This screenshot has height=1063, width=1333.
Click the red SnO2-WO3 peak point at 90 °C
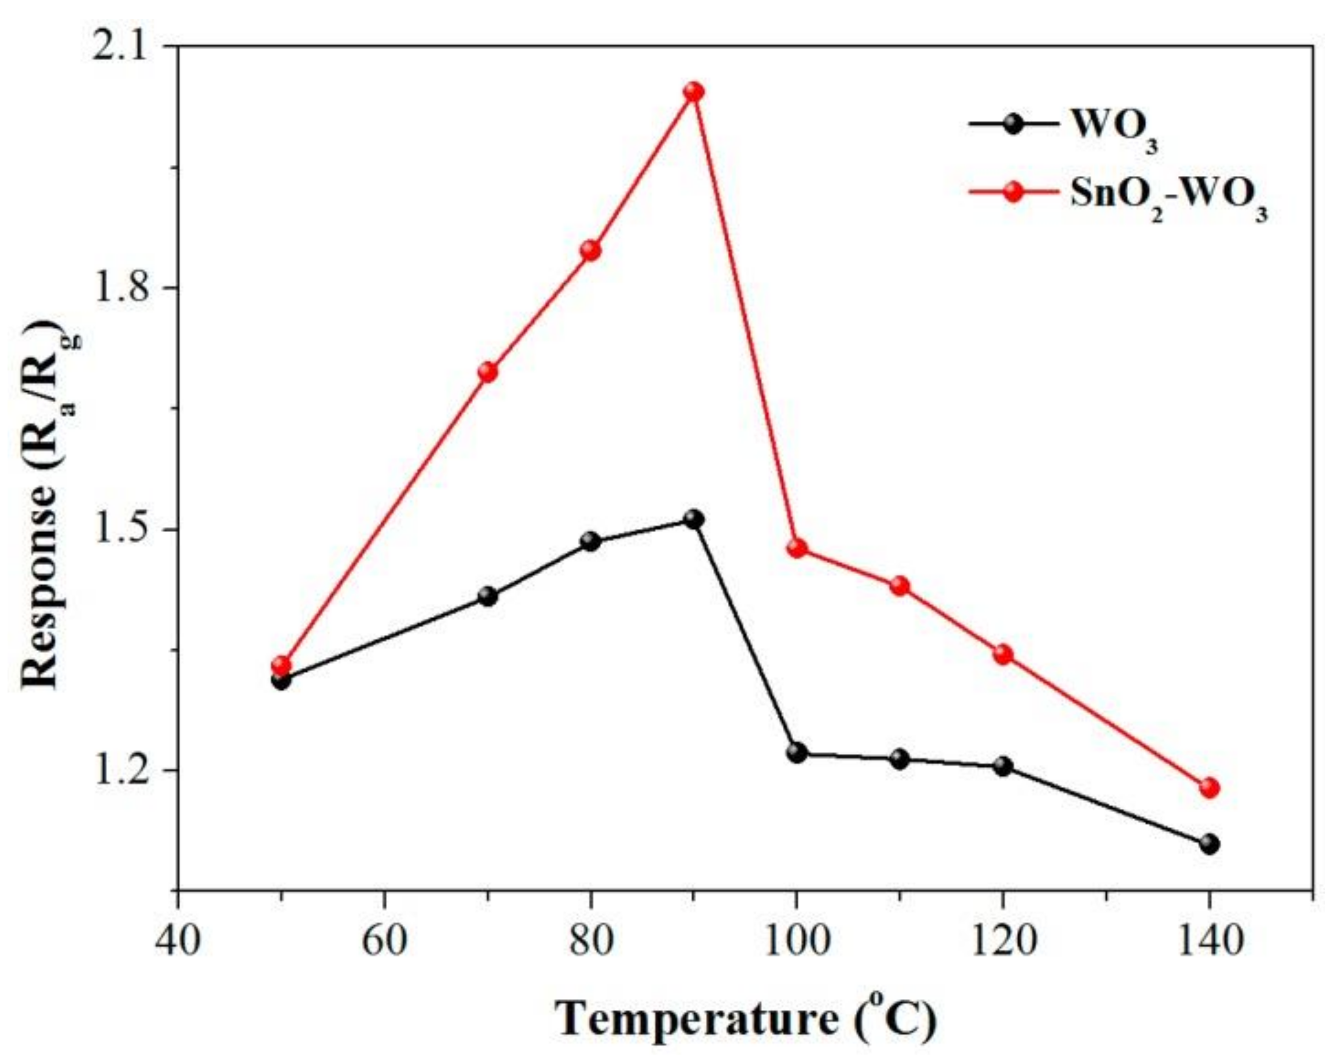click(x=694, y=92)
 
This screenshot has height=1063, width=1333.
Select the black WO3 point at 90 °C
click(x=694, y=519)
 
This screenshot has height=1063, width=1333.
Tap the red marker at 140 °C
click(x=1209, y=787)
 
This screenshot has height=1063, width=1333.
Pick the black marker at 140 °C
click(x=1209, y=844)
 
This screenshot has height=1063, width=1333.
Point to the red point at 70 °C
click(x=488, y=372)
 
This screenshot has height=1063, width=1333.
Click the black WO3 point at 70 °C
click(x=488, y=596)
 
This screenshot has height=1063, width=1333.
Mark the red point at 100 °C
click(x=797, y=548)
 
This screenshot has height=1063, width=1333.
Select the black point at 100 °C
click(x=797, y=753)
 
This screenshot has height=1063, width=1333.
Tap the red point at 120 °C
click(x=1004, y=654)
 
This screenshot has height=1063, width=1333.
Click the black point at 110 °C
click(x=900, y=759)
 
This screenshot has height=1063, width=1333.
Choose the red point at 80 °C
click(x=590, y=250)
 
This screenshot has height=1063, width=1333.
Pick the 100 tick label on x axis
click(x=796, y=943)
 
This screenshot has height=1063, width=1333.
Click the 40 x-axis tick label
click(x=178, y=943)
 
